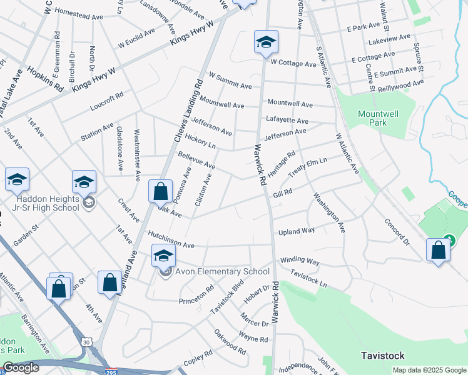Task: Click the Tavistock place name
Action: click(x=385, y=355)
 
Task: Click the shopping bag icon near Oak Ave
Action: click(x=160, y=191)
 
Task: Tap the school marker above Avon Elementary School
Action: click(x=164, y=255)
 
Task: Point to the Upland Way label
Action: click(x=297, y=231)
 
